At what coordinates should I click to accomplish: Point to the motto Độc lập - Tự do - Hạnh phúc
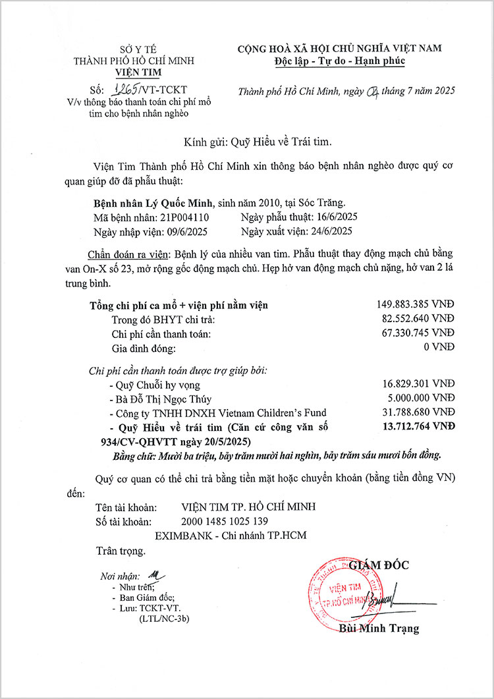pyautogui.click(x=339, y=61)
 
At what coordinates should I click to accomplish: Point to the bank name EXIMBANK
pyautogui.click(x=181, y=535)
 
